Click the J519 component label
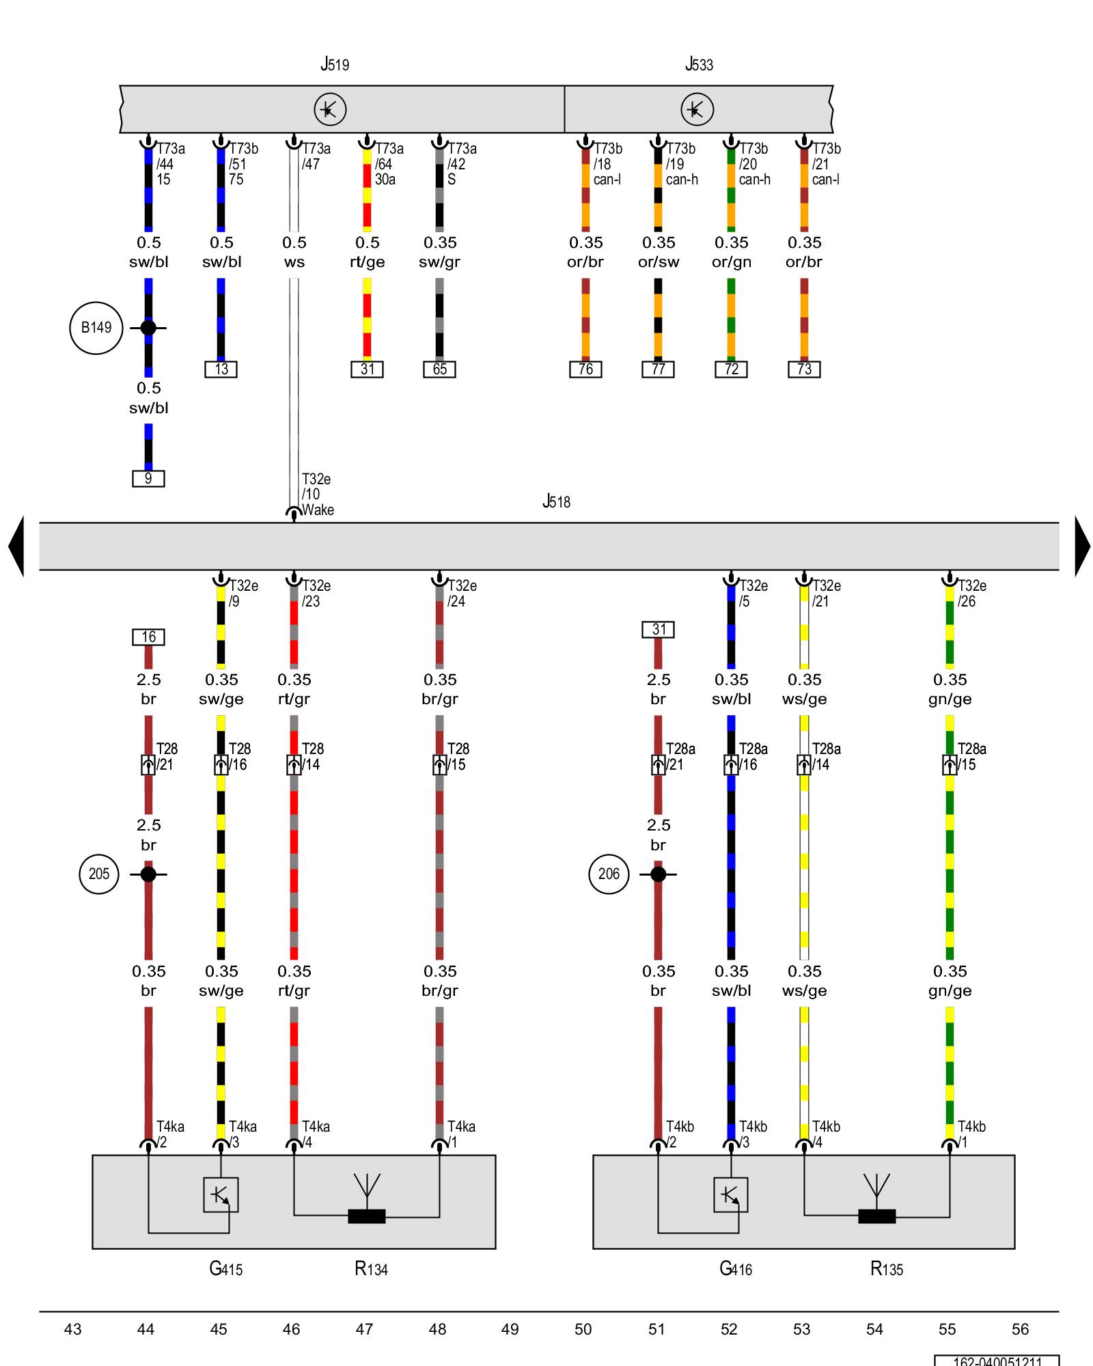[x=335, y=65]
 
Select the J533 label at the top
[x=699, y=65]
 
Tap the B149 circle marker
[x=96, y=328]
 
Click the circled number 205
[x=99, y=874]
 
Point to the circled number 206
[x=609, y=874]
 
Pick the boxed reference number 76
[x=585, y=370]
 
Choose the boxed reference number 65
[x=439, y=370]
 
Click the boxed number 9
[x=148, y=479]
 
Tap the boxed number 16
[x=148, y=637]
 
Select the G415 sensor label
[x=225, y=1269]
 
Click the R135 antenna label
[x=886, y=1269]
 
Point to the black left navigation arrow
[x=16, y=546]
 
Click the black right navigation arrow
[x=1082, y=546]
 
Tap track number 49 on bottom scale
[x=510, y=1329]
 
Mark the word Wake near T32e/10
[x=318, y=510]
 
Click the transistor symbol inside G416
[x=730, y=1195]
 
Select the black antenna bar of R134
[x=367, y=1216]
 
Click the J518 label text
[x=556, y=502]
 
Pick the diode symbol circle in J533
[x=697, y=109]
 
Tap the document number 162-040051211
[x=997, y=1361]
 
